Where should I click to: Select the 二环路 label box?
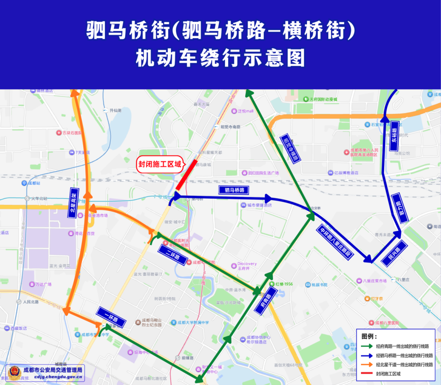tap(173, 257)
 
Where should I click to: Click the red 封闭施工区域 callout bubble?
tap(160, 164)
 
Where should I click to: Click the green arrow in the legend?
tap(368, 346)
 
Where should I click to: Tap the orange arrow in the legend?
tap(368, 365)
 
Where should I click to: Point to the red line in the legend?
tap(368, 374)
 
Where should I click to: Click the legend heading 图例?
tap(369, 336)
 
